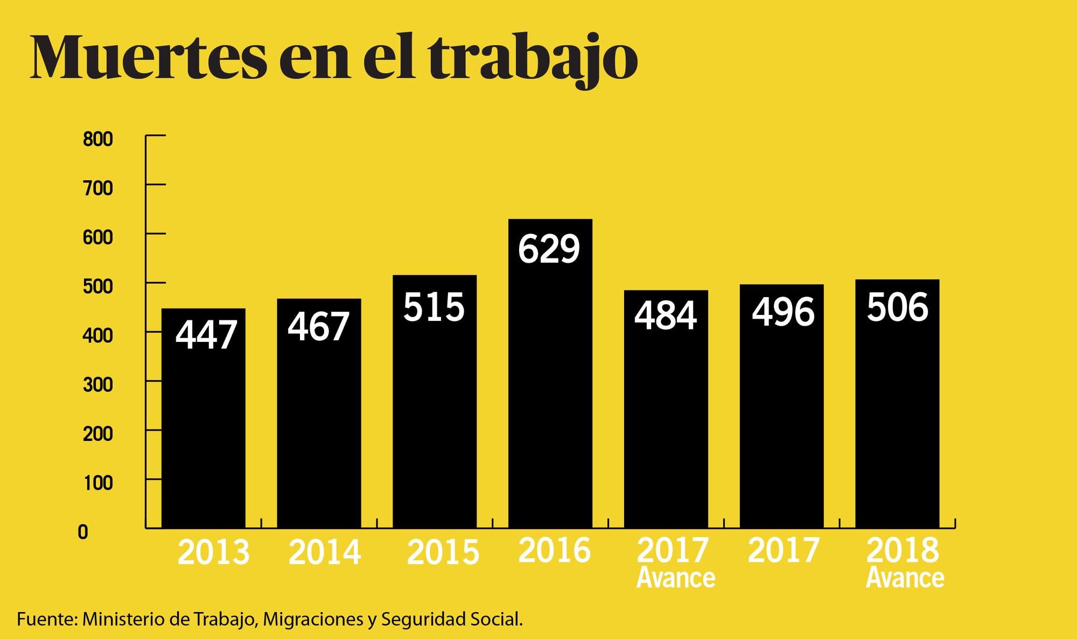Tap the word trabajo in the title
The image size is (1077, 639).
pos(533,59)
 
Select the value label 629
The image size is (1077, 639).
pos(549,249)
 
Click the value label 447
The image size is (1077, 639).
pos(206,335)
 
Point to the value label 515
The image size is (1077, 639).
pos(434,307)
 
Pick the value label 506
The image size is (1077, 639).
pos(898,307)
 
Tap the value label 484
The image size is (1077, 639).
pos(666,315)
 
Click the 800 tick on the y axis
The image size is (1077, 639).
pos(97,139)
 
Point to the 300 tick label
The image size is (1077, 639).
pos(97,385)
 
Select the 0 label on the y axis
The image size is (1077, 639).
pos(82,532)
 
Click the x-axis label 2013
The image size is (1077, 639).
pos(213,553)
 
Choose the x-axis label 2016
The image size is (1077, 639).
pos(555,550)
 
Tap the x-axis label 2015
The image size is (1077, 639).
pos(443,553)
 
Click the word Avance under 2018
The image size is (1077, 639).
pos(905,578)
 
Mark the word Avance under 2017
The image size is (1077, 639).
pos(676,578)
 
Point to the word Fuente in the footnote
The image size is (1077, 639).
pos(46,619)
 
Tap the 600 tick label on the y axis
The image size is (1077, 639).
pos(97,237)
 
